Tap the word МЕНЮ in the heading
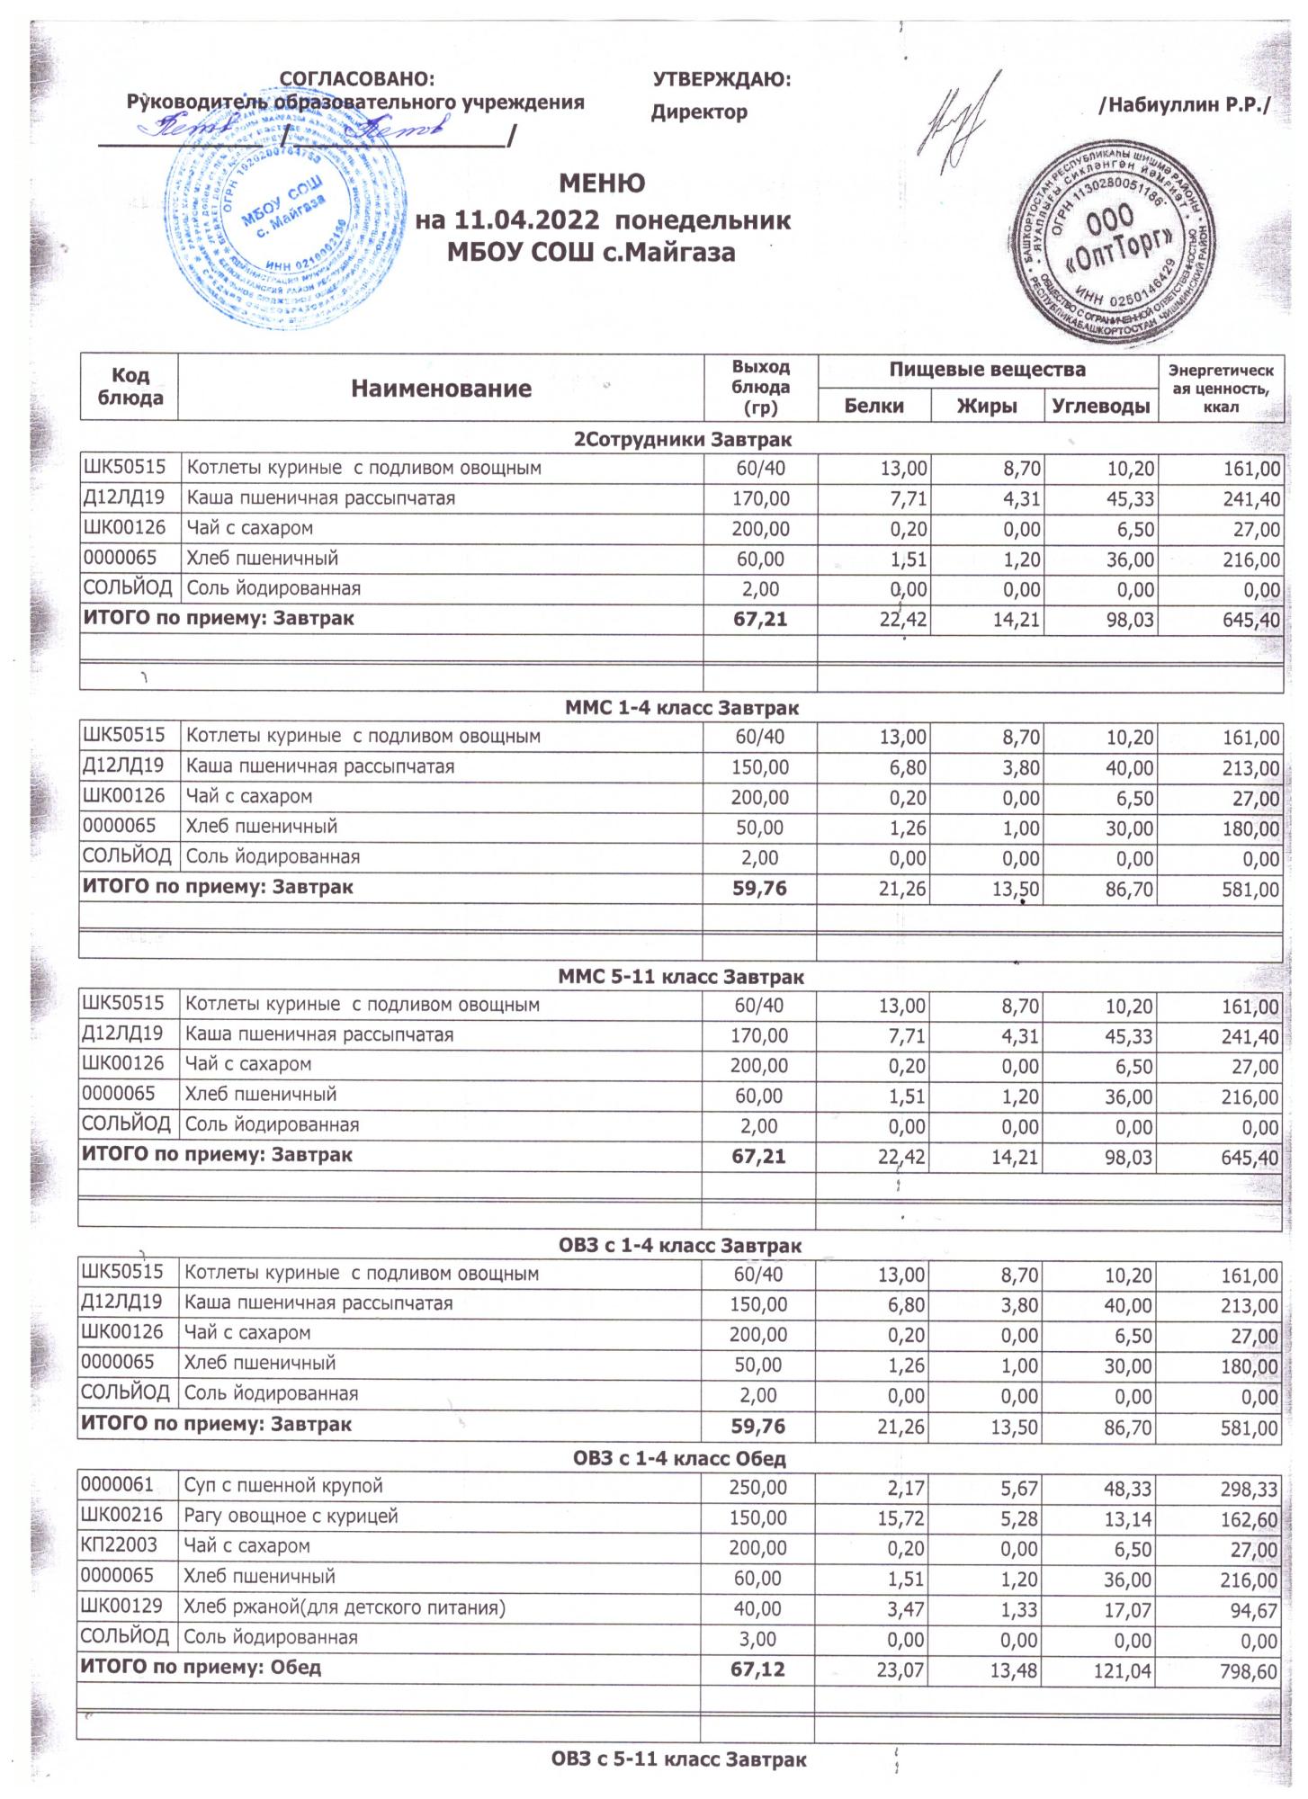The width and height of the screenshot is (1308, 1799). (602, 183)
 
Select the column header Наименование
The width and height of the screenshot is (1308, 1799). (441, 389)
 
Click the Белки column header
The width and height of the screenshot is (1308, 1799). (873, 406)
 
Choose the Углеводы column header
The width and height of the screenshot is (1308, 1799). (1100, 406)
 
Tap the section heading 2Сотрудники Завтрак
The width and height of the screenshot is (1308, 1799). (683, 440)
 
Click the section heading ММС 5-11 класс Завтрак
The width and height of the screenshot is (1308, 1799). (681, 976)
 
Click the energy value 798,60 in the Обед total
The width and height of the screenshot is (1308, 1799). (1246, 1670)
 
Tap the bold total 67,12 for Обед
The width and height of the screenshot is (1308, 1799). (758, 1669)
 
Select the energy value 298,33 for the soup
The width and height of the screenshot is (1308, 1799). (1246, 1490)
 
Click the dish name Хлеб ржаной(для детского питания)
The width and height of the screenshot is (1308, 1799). (344, 1607)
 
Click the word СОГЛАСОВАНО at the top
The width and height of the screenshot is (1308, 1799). (357, 79)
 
